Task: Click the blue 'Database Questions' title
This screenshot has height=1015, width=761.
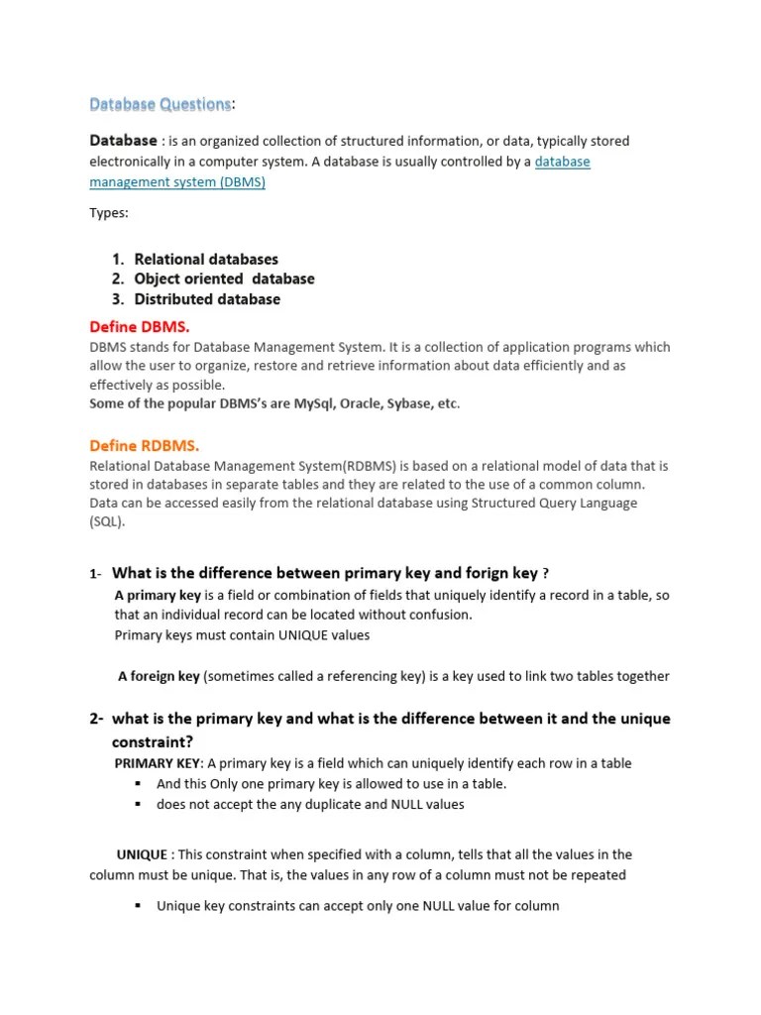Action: tap(161, 103)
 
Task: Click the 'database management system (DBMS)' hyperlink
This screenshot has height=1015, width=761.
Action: tap(177, 182)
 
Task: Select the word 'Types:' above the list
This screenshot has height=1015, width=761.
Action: tap(109, 213)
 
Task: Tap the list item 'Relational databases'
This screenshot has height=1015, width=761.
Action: tap(206, 260)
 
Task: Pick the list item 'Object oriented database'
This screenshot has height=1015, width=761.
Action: tap(224, 280)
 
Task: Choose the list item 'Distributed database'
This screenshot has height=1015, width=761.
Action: tap(207, 299)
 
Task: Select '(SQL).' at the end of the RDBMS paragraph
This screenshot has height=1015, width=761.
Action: tap(108, 522)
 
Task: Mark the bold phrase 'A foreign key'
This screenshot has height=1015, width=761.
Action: tap(159, 676)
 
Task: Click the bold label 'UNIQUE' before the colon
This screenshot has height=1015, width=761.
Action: tap(141, 854)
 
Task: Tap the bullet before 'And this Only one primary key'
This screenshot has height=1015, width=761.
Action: tap(138, 784)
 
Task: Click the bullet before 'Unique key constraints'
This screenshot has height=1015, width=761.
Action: tap(138, 906)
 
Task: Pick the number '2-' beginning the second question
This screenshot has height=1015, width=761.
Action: tap(97, 719)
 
